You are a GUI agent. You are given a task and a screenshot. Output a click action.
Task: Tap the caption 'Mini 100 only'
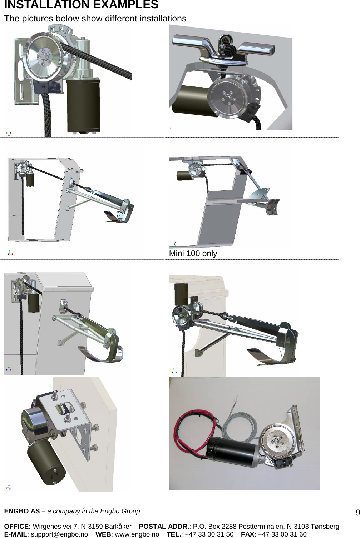point(193,253)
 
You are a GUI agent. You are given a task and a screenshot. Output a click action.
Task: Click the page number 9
point(357,513)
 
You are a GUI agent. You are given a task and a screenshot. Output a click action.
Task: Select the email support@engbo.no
point(59,534)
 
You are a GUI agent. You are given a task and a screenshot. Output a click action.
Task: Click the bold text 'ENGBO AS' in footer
point(22,511)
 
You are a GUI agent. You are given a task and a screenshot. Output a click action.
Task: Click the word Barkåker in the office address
point(118,527)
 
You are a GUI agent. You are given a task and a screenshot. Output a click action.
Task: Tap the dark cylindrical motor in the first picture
point(83,105)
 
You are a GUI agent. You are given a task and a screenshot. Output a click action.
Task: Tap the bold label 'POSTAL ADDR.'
point(164,527)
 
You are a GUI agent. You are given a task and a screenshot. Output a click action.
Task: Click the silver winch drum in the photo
point(277,442)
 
